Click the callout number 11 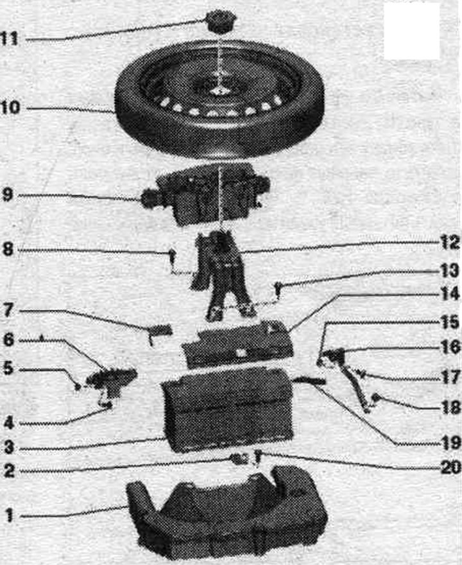point(10,38)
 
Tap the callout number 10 point(11,107)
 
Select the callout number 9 point(8,195)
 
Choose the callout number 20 point(450,467)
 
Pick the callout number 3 point(9,447)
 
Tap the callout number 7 point(8,311)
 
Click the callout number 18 point(450,407)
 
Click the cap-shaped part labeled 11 point(220,22)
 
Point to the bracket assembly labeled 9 point(206,194)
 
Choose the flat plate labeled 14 point(237,342)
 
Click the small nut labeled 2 point(237,458)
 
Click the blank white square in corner point(412,31)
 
